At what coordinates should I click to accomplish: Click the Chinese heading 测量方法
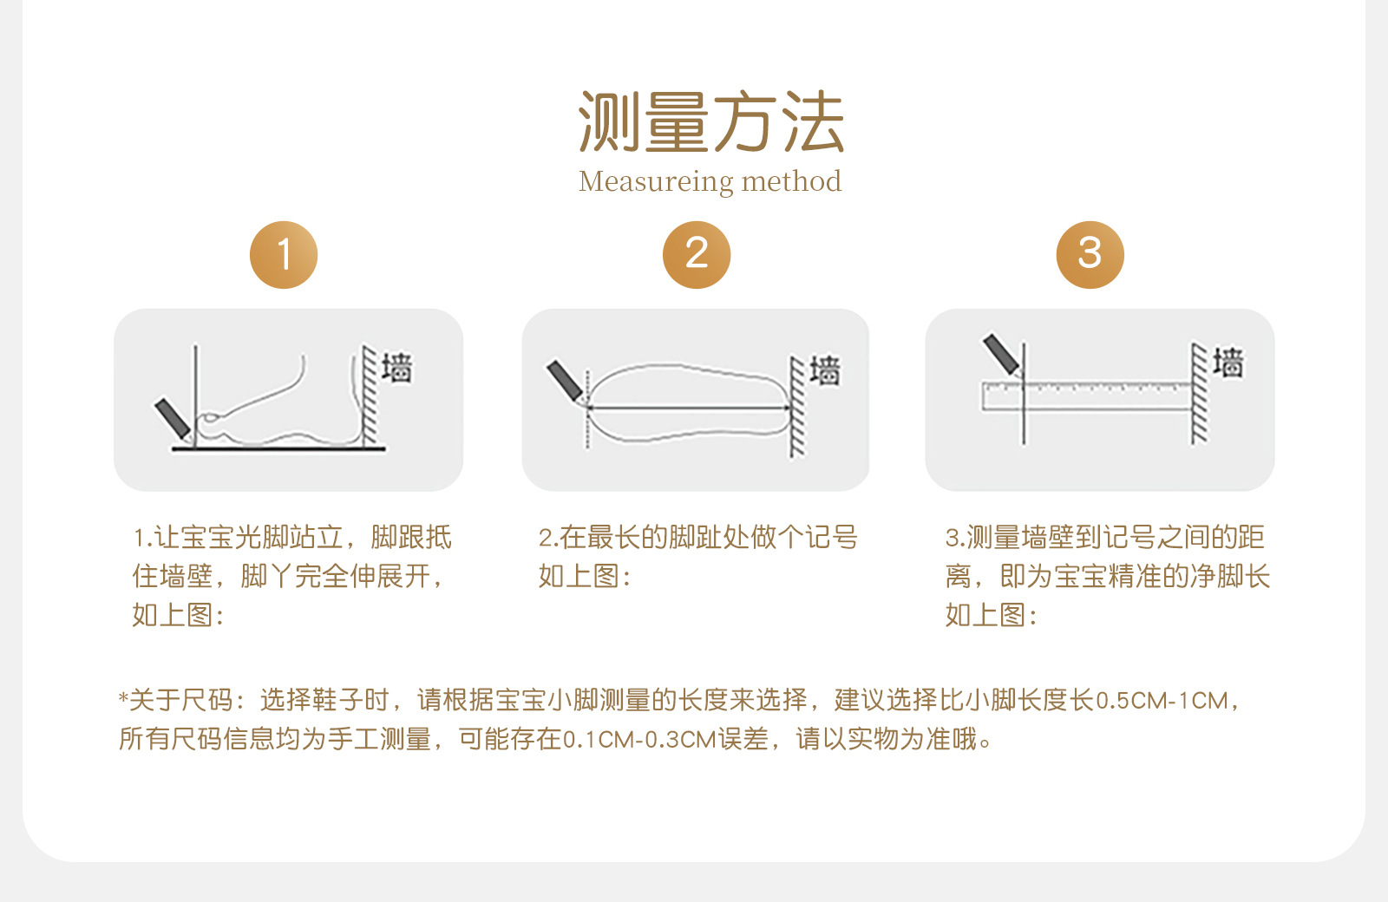710,121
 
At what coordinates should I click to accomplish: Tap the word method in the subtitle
791,181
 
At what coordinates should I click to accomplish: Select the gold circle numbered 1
284,255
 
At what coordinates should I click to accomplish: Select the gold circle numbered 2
697,255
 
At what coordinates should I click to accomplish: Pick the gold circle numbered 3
1090,255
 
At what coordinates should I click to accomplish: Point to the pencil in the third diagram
1002,355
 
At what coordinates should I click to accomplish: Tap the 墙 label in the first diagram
396,368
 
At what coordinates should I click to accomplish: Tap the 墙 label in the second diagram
825,369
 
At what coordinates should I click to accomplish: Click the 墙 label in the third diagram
1228,363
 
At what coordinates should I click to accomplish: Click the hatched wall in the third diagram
1200,394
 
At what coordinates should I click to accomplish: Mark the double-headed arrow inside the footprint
689,408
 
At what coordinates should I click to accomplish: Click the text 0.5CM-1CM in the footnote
1162,701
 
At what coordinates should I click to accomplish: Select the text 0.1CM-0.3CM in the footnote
638,740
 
